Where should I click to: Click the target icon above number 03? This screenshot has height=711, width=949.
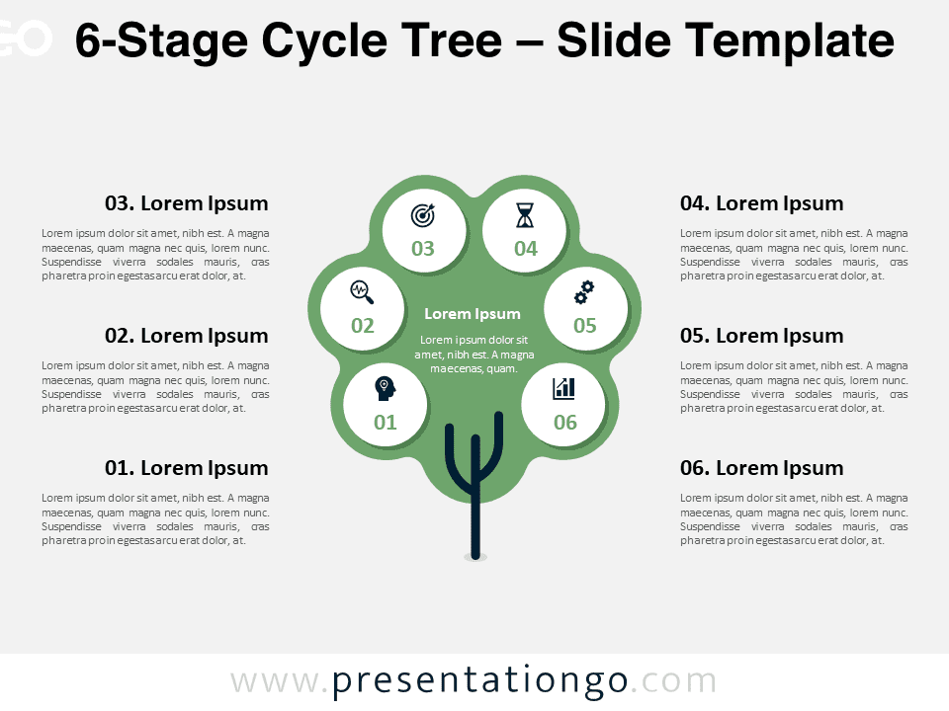(423, 215)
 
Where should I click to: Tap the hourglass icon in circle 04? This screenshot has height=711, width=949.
(525, 215)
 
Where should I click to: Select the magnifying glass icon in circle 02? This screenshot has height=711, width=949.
(362, 292)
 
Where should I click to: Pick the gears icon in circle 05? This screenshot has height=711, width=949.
(584, 292)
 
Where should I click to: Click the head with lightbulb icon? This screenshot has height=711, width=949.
(385, 389)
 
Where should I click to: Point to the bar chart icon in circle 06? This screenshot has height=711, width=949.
(564, 389)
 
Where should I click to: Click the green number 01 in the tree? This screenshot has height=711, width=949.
(385, 422)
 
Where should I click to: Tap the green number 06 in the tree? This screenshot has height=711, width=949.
(565, 422)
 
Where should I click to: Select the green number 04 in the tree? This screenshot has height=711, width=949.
(526, 249)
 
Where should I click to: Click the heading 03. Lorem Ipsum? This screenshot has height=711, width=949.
(187, 203)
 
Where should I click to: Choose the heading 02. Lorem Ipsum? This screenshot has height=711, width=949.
(187, 336)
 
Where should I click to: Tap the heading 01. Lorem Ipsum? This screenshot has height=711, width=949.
(187, 468)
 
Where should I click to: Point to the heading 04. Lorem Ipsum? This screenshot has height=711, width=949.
(761, 203)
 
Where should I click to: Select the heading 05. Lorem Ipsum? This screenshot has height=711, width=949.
(761, 336)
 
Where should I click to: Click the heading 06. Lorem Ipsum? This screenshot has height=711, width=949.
(761, 468)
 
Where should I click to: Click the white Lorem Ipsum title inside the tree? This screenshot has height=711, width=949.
(473, 314)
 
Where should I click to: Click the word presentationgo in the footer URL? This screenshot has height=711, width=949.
(480, 682)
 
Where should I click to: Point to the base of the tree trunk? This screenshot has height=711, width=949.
(475, 556)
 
